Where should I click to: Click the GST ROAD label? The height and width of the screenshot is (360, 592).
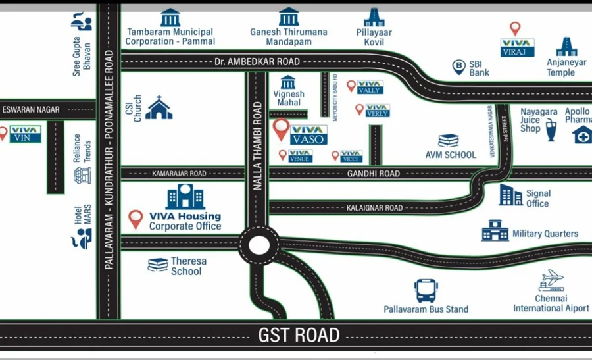coord(295,335)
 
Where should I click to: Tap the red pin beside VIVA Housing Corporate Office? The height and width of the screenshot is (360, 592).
coord(136,219)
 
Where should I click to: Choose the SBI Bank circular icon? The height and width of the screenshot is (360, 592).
coord(458,66)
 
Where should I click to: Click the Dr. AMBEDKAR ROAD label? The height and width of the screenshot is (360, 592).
coord(257,62)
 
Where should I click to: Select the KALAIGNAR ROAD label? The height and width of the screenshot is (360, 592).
coord(374,208)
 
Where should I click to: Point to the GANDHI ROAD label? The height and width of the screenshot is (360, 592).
coord(373,174)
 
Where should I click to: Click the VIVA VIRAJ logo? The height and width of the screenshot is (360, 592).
coord(517,47)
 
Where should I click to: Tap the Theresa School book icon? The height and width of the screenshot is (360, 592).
coord(158,265)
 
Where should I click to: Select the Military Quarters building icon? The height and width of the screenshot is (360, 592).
coord(495,230)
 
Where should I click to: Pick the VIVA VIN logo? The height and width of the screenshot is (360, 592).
coord(25,134)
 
